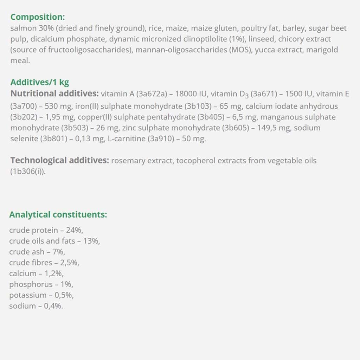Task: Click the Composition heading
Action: tap(38, 17)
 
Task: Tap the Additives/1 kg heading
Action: tap(39, 82)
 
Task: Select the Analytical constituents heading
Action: tap(58, 214)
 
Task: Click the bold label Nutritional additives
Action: tap(54, 94)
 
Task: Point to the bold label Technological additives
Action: tap(59, 161)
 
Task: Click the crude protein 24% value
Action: tap(74, 231)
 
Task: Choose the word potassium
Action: tap(27, 295)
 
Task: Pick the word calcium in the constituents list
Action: tap(22, 274)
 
